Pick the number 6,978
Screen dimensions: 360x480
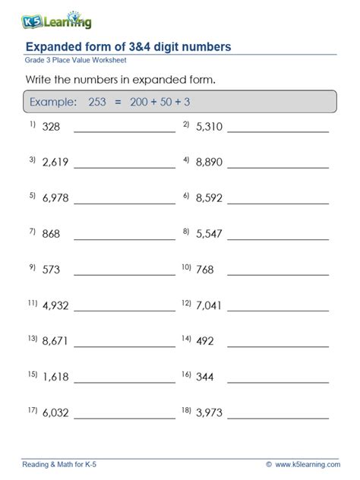(55, 197)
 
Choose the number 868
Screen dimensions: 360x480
(52, 233)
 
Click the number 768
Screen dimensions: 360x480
(205, 269)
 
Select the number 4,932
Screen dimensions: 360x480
(55, 305)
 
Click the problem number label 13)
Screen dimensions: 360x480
(33, 339)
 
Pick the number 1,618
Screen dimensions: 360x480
(55, 376)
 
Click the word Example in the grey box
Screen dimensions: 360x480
(52, 102)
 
